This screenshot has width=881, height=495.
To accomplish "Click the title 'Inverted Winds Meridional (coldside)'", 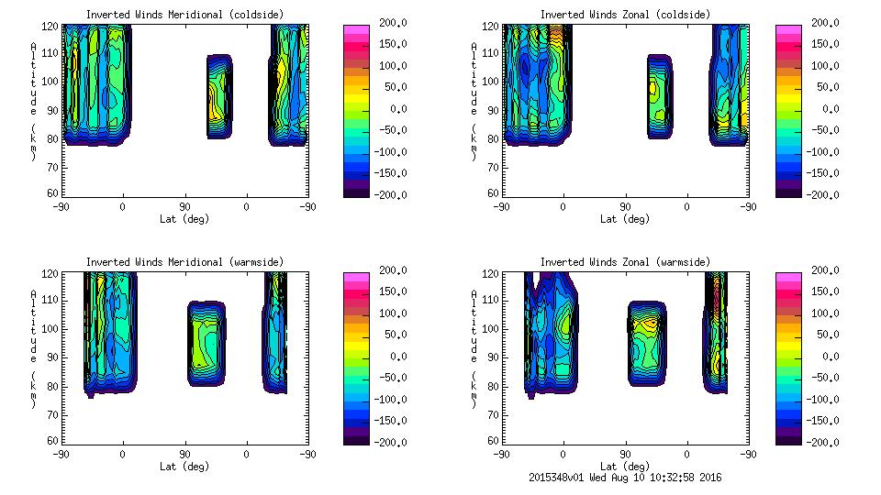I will point(184,14).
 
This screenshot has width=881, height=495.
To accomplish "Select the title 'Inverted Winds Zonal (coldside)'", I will point(625,14).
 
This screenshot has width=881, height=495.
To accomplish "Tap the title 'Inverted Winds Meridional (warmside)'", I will point(184,261).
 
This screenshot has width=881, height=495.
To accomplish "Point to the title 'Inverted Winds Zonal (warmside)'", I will point(625,261).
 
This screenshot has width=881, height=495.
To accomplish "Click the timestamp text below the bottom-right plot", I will point(627,478).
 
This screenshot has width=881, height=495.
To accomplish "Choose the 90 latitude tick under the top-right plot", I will point(625,207).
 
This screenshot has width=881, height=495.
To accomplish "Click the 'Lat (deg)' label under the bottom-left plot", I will point(184,466).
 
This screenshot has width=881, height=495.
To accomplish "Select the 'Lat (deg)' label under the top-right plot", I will point(625,219).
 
